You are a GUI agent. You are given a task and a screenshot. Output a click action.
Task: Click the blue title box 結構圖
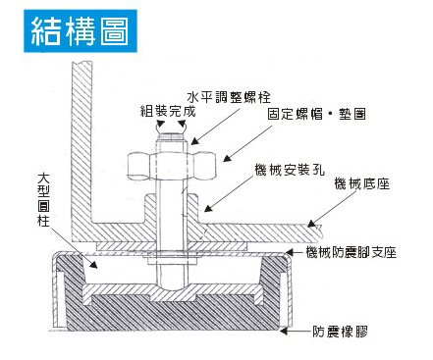pyautogui.click(x=81, y=31)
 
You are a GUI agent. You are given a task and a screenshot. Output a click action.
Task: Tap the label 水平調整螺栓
pyautogui.click(x=229, y=97)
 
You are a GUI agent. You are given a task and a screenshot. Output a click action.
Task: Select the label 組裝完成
pyautogui.click(x=168, y=112)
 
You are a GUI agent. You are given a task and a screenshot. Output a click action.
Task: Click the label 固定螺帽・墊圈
pyautogui.click(x=316, y=115)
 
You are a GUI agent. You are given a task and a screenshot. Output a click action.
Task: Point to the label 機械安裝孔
pyautogui.click(x=290, y=170)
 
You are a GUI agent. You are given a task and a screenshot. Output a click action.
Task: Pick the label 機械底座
pyautogui.click(x=362, y=183)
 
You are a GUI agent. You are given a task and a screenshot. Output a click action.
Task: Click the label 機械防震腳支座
pyautogui.click(x=352, y=252)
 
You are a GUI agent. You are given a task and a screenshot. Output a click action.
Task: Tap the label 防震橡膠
pyautogui.click(x=340, y=332)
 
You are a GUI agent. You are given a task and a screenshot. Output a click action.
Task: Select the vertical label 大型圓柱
pyautogui.click(x=43, y=200)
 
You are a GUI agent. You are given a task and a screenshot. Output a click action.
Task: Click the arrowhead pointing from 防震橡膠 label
pyautogui.click(x=284, y=332)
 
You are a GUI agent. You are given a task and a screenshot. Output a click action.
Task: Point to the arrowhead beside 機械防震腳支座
pyautogui.click(x=290, y=252)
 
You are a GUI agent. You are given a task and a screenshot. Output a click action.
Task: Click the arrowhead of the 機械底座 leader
pyautogui.click(x=311, y=224)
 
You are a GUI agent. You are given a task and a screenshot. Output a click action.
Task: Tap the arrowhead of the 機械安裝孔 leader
pyautogui.click(x=208, y=208)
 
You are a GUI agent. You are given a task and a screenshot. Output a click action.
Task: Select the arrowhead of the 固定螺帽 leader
pyautogui.click(x=227, y=158)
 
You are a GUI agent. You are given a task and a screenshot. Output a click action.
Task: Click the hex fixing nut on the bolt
pyautogui.click(x=172, y=166)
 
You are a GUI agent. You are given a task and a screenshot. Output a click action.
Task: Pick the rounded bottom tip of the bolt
pyautogui.click(x=172, y=286)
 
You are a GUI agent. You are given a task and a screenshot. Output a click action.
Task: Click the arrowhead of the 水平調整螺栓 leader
pyautogui.click(x=195, y=141)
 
